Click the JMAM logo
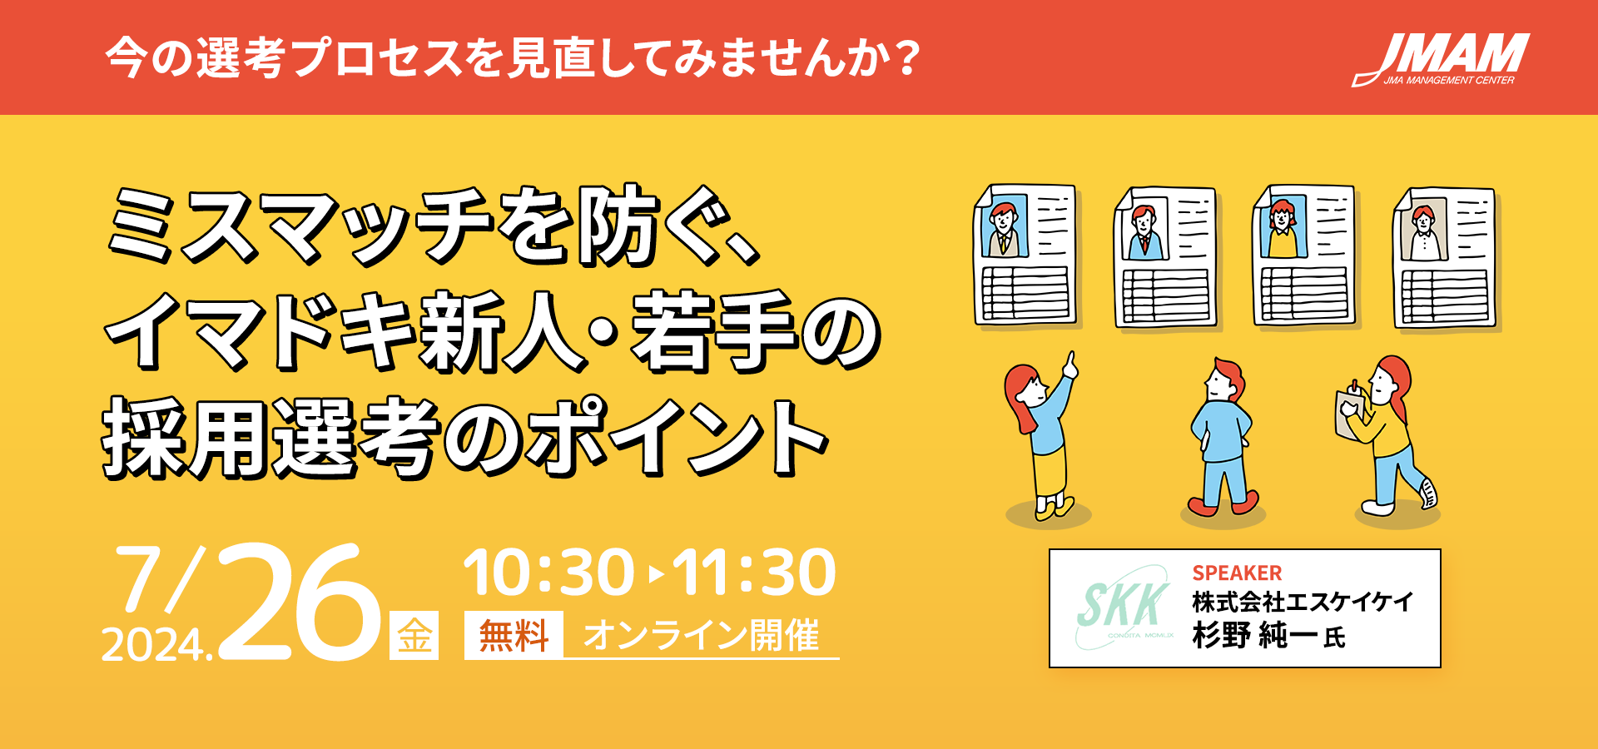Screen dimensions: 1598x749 (1441, 59)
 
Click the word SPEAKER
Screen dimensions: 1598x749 (1237, 573)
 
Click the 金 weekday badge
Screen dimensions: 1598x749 (414, 636)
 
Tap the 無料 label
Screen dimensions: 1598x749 (514, 636)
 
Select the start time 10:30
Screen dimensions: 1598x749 (549, 573)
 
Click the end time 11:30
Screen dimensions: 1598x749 (754, 573)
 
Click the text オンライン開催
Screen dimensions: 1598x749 (702, 636)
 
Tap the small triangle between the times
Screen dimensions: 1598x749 (656, 574)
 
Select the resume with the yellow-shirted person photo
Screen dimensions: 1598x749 (1303, 256)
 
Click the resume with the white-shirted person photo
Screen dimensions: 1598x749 (1445, 258)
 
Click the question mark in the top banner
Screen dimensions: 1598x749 (908, 58)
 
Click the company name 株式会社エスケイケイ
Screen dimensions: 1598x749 (1303, 602)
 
